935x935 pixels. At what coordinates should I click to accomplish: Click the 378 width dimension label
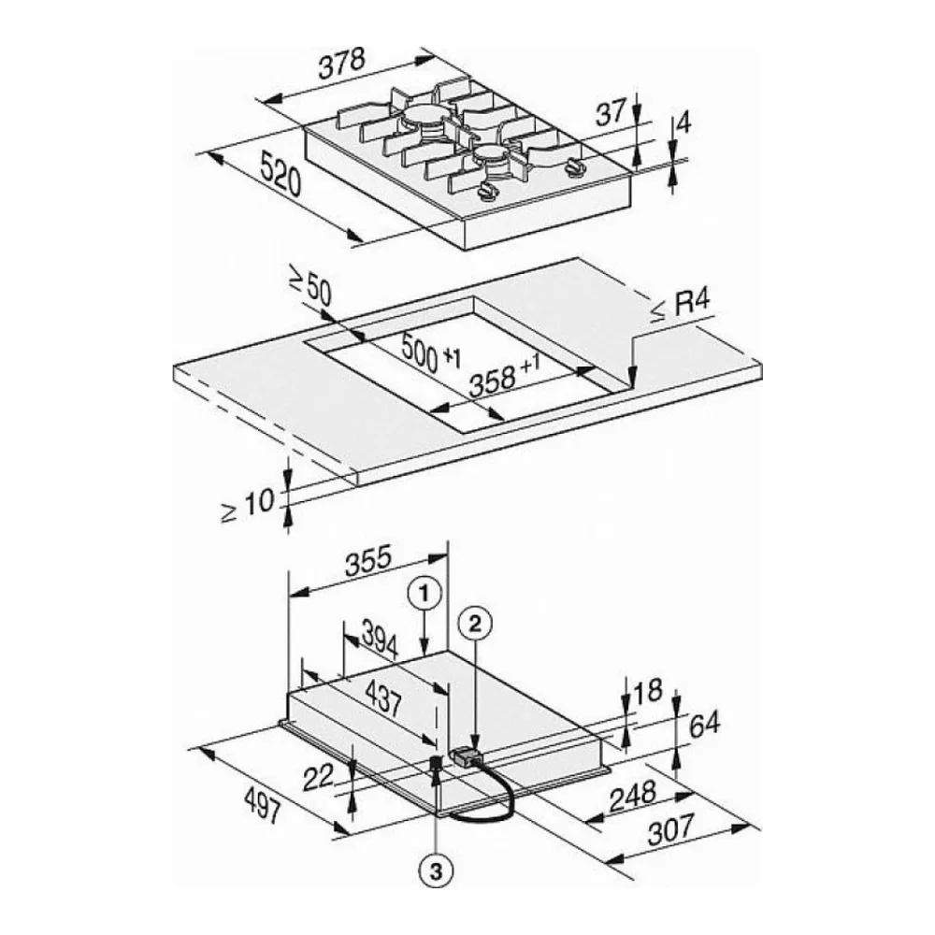[x=341, y=64]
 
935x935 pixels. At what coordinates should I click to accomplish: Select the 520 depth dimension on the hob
[x=280, y=174]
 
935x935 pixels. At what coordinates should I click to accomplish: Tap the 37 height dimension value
[x=611, y=112]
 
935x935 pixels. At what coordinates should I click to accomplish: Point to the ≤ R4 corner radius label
[x=680, y=307]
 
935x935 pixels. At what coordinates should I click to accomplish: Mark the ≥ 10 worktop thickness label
[x=248, y=505]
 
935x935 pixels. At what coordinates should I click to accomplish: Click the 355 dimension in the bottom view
[x=369, y=563]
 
